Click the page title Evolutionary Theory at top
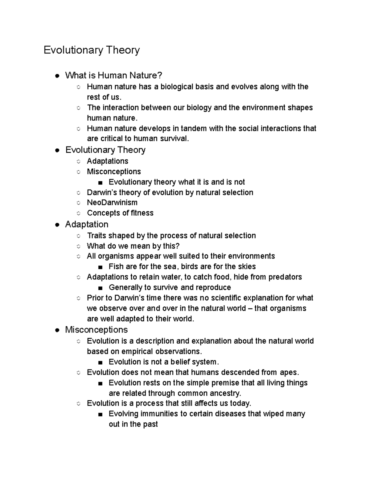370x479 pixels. (x=92, y=50)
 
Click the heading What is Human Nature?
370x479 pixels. (x=113, y=75)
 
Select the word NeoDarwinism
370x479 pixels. (x=112, y=203)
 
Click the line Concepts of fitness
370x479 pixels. (x=120, y=213)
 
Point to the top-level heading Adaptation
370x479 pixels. (x=87, y=224)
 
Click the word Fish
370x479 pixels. (x=116, y=266)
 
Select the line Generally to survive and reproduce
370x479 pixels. (x=170, y=287)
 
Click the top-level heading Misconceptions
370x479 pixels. (x=96, y=330)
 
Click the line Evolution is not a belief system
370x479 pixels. (x=163, y=362)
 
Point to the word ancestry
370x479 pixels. (x=225, y=393)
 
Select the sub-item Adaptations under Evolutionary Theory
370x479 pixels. (x=107, y=161)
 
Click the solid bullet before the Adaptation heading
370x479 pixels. (x=57, y=225)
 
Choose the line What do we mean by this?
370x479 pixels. (x=133, y=246)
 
